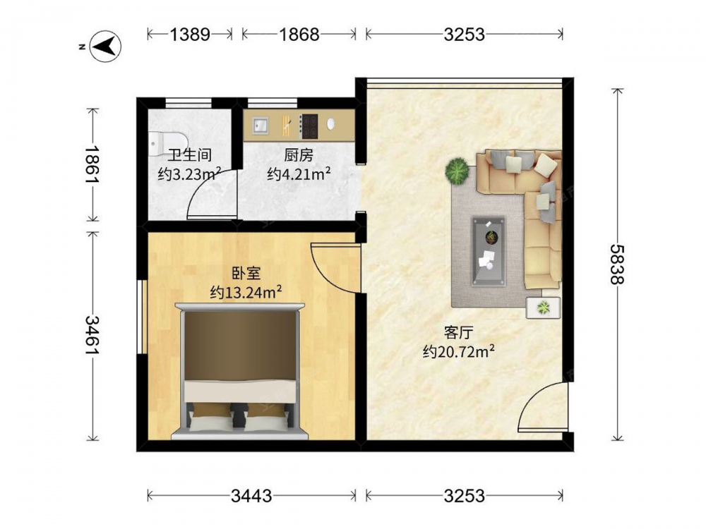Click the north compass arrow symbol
pyautogui.click(x=106, y=46)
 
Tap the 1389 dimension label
pyautogui.click(x=189, y=34)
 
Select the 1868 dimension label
pyautogui.click(x=299, y=34)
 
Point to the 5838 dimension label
pyautogui.click(x=617, y=264)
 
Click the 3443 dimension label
pyautogui.click(x=251, y=496)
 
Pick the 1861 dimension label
pyautogui.click(x=92, y=164)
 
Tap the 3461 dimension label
pyautogui.click(x=92, y=334)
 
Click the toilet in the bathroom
pyautogui.click(x=158, y=143)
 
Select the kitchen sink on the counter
pyautogui.click(x=260, y=126)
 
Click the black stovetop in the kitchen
pyautogui.click(x=309, y=126)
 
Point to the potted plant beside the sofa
pyautogui.click(x=457, y=171)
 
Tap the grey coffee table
pyautogui.click(x=489, y=252)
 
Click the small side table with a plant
pyautogui.click(x=544, y=308)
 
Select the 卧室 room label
pyautogui.click(x=246, y=273)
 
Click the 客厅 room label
pyautogui.click(x=458, y=333)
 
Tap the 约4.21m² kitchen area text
pyautogui.click(x=299, y=174)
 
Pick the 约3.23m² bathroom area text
pyautogui.click(x=189, y=174)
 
